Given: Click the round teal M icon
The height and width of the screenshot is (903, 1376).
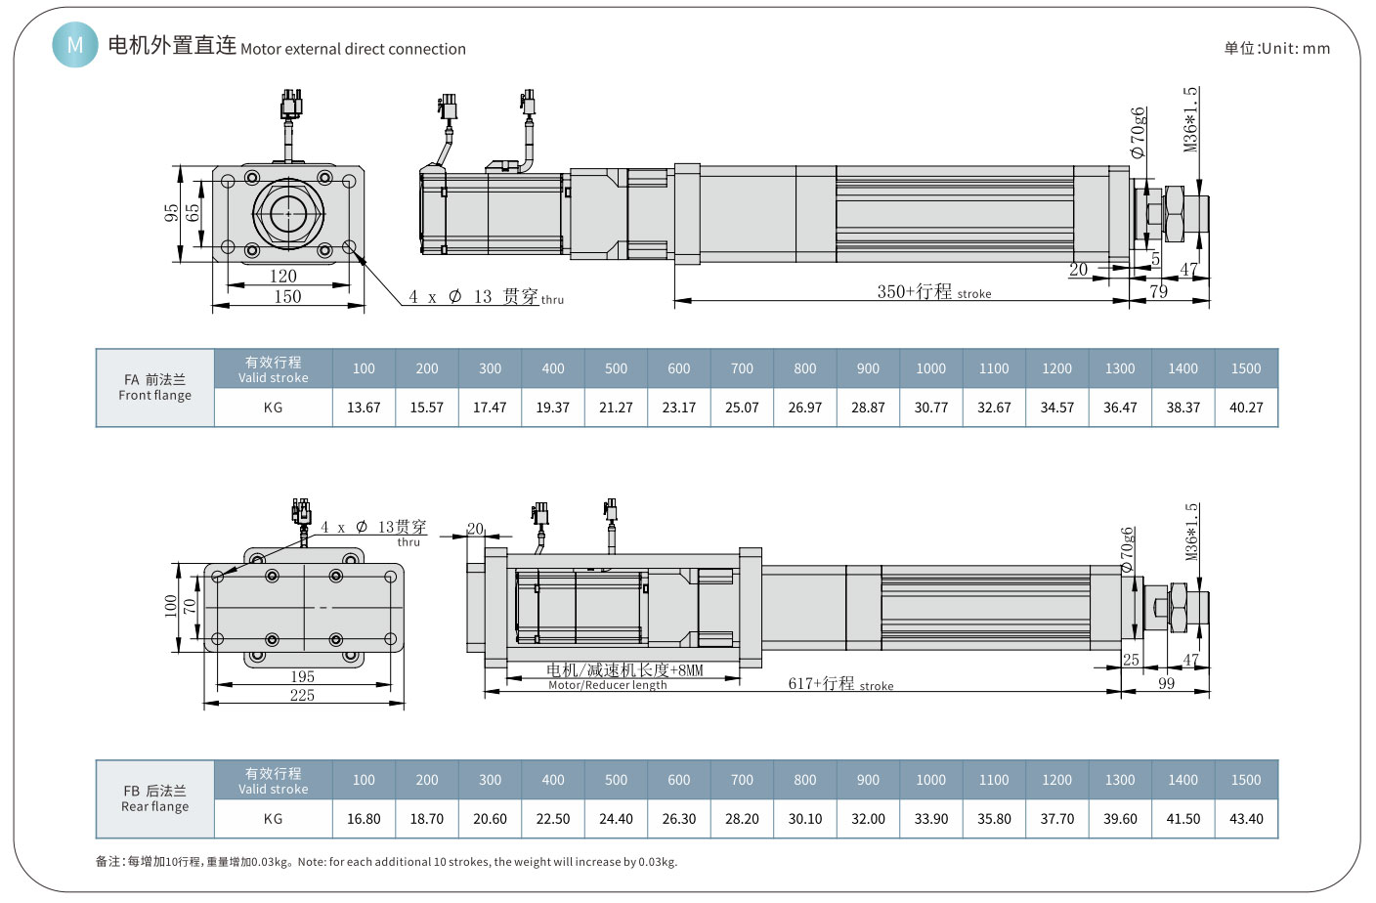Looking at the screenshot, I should [x=75, y=45].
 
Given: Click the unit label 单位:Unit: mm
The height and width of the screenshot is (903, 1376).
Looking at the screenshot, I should [x=1276, y=48].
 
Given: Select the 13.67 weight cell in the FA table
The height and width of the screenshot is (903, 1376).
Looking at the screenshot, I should [x=364, y=408].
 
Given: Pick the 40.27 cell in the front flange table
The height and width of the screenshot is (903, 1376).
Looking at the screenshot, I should [x=1246, y=408].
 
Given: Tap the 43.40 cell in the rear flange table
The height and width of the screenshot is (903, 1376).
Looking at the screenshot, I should [x=1246, y=819].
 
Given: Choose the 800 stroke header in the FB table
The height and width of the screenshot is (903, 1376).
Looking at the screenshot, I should [x=805, y=780].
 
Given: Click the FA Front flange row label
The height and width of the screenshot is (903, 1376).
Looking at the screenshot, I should [x=154, y=387].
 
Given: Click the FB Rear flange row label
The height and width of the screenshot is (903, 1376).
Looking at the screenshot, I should [x=154, y=798].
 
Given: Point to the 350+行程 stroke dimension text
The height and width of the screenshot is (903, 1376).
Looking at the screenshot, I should [x=933, y=292].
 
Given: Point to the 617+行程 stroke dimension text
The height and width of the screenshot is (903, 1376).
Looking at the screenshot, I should [x=840, y=684].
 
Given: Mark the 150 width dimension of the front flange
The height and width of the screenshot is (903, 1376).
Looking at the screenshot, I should [x=287, y=297].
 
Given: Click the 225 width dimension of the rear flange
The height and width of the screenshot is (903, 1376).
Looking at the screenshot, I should [x=302, y=695].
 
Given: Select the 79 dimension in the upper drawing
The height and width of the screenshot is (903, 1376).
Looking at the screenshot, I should [x=1158, y=291].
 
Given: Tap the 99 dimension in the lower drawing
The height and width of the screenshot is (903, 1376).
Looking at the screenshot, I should [x=1166, y=683].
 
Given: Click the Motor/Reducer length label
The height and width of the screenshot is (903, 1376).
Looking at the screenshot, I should [x=607, y=685].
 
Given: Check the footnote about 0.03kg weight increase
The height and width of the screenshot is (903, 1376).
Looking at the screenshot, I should [x=386, y=862].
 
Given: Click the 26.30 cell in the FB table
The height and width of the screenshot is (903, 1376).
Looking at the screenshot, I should [x=679, y=819].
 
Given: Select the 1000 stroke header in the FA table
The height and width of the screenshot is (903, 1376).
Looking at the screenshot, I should [x=930, y=368].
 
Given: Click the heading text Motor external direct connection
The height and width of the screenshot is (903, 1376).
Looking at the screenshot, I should [x=353, y=49].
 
